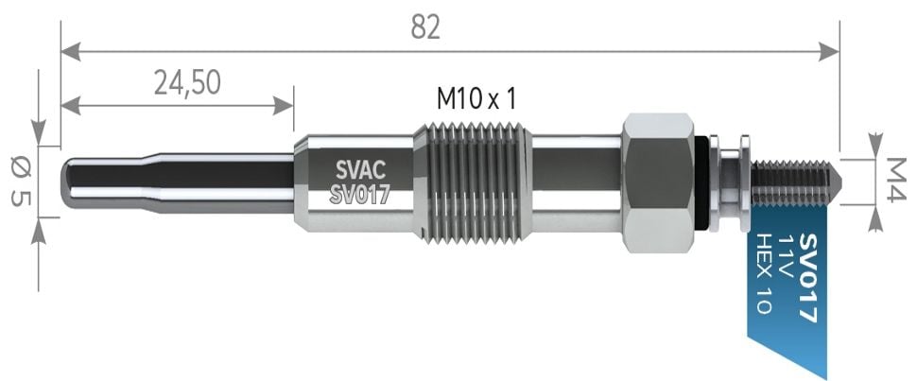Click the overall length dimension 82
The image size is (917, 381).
(x=425, y=28)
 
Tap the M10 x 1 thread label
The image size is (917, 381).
(x=476, y=97)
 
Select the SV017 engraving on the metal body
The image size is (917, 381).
(x=360, y=196)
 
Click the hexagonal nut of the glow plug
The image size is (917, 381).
(x=658, y=182)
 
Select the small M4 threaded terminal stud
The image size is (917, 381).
(x=794, y=182)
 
